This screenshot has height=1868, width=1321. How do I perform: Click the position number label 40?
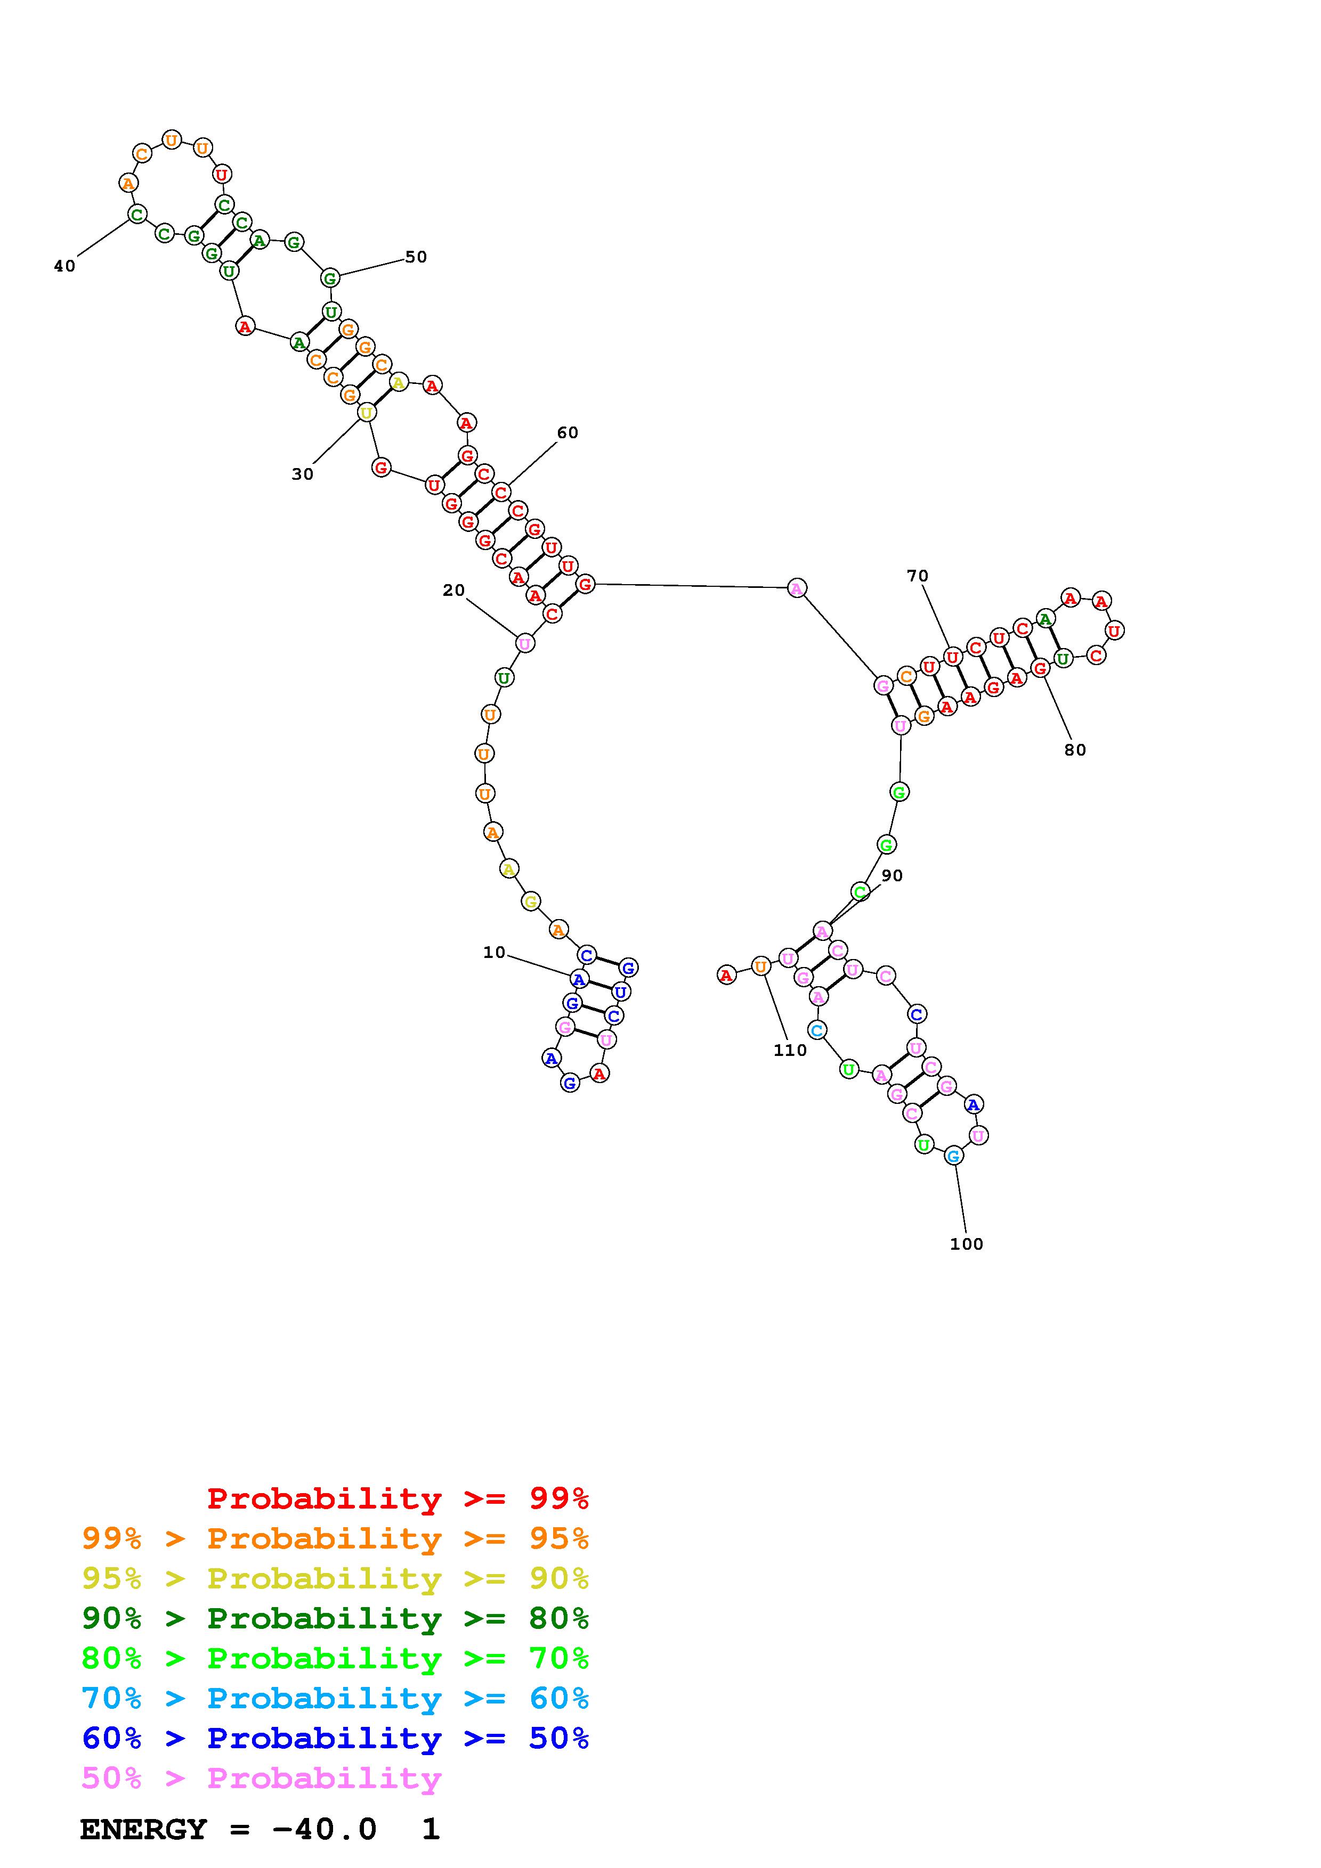click(64, 266)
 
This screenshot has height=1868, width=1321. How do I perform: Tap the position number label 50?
click(416, 257)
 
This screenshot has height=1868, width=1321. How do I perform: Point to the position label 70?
click(917, 576)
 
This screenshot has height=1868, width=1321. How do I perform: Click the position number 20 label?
click(453, 591)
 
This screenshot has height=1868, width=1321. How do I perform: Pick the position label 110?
click(790, 1050)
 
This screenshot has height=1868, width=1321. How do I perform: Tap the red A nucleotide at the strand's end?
click(726, 974)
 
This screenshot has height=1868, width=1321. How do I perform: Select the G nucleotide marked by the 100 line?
click(953, 1156)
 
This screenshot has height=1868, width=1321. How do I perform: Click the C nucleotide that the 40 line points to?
click(137, 215)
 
